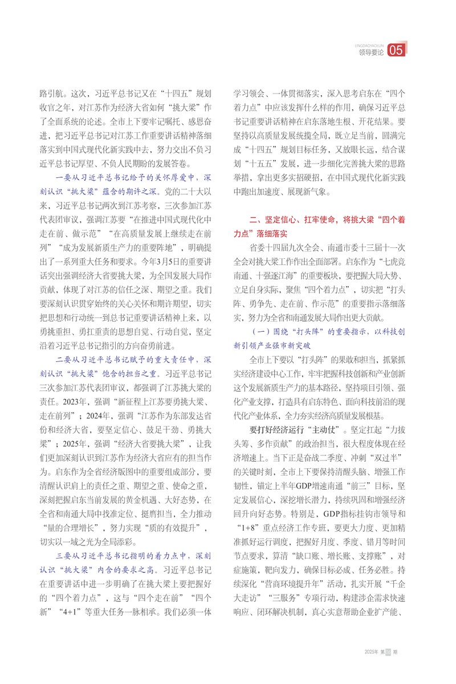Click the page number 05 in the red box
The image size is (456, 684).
pos(396,51)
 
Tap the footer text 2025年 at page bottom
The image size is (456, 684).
pos(370,651)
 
